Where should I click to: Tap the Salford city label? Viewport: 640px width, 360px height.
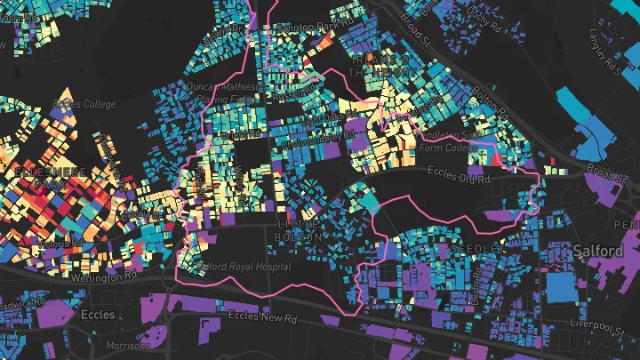(598, 251)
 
